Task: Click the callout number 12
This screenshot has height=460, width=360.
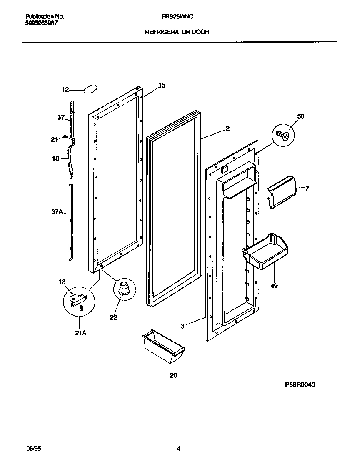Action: pos(65,89)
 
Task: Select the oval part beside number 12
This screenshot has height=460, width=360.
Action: pos(91,88)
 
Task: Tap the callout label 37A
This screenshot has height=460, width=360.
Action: pos(57,212)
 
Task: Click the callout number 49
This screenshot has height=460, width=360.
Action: pos(274,286)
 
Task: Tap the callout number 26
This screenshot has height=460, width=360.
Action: pos(173,375)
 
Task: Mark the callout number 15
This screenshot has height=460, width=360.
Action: pos(162,85)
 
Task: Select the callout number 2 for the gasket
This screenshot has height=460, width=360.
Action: pos(227,128)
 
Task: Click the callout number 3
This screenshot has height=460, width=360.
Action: pos(182,326)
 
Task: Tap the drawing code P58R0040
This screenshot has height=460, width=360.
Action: pos(300,385)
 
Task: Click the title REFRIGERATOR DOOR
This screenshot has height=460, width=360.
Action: pos(177,31)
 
